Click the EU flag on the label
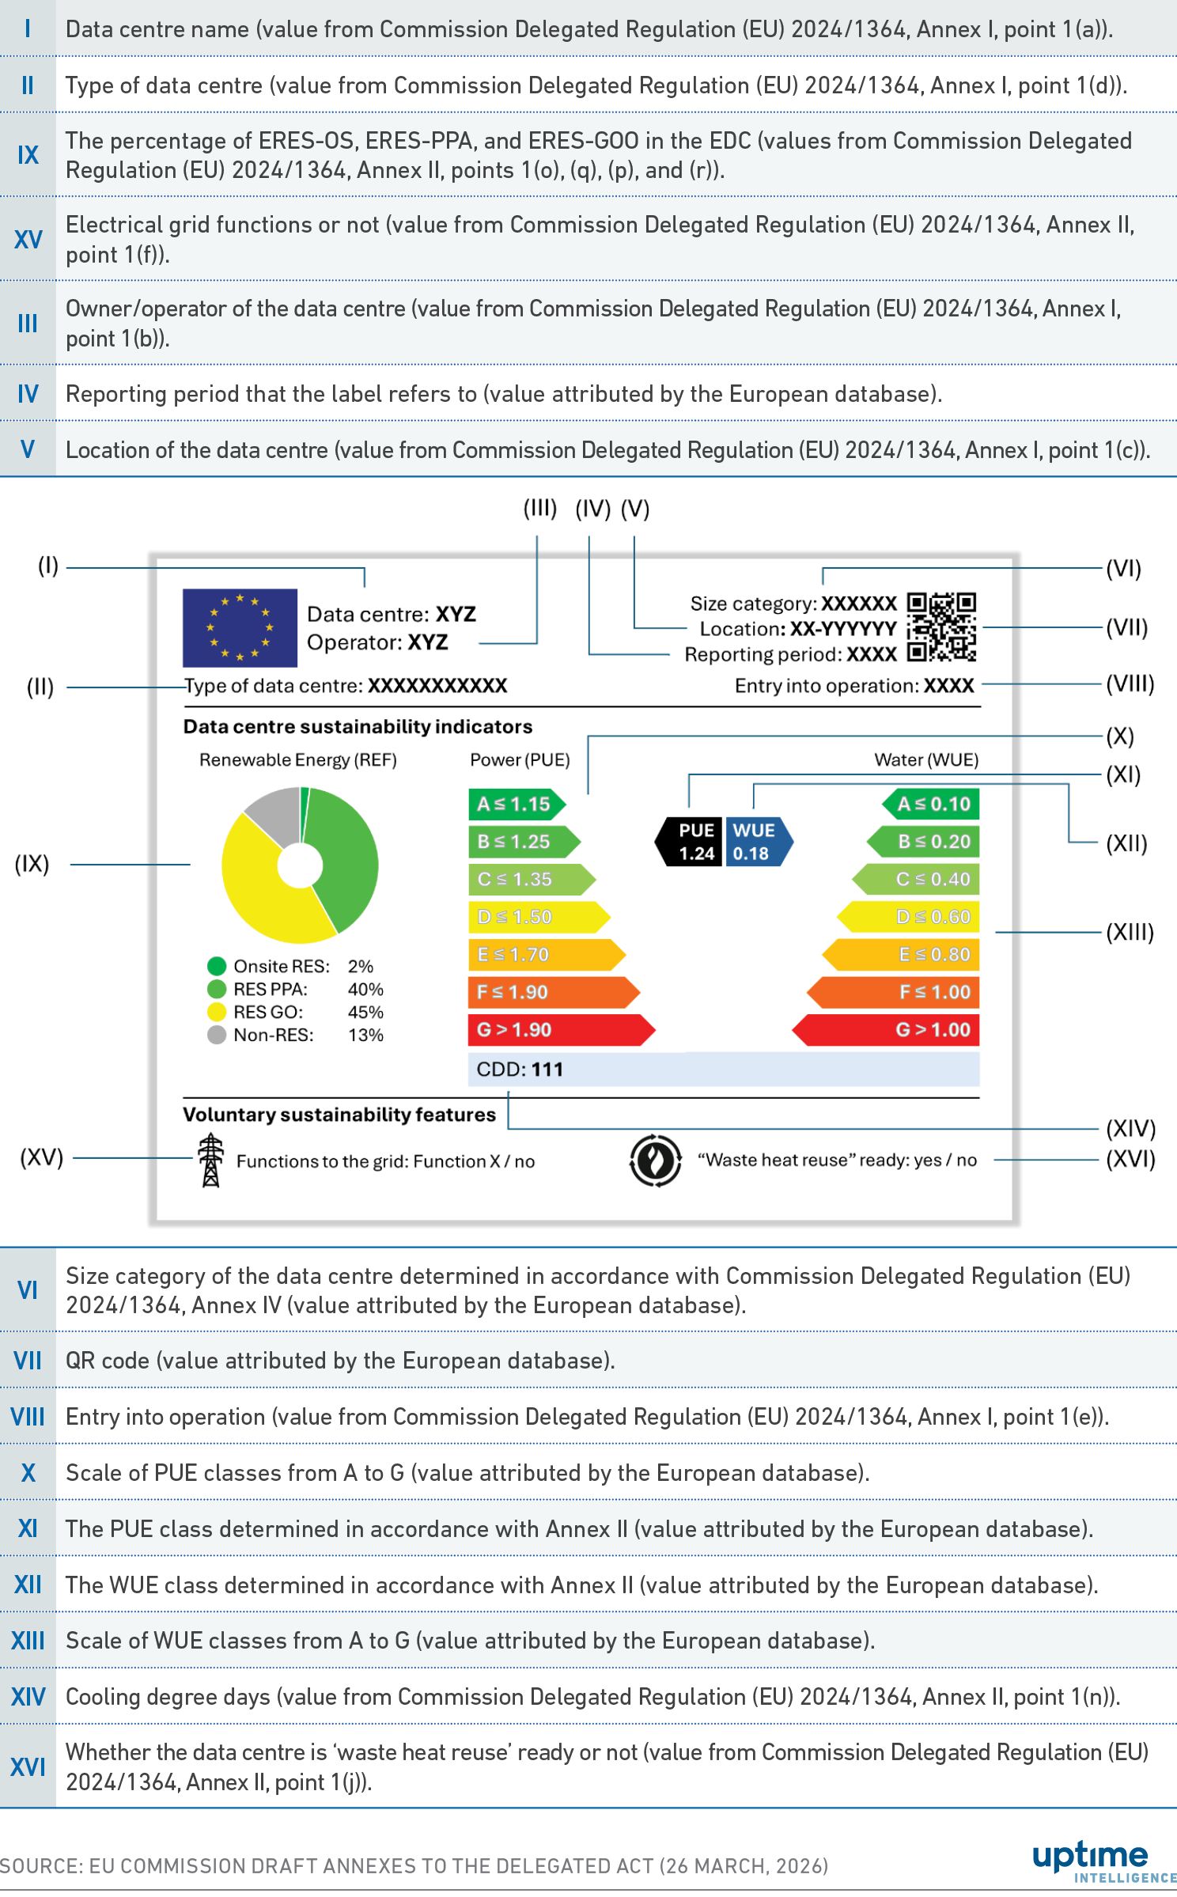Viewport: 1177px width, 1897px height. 240,627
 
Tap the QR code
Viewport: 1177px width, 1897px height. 940,627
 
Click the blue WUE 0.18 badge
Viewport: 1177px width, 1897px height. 755,842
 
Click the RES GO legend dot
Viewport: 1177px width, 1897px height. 217,1012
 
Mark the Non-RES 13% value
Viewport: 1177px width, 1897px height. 365,1035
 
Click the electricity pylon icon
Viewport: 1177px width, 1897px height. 210,1161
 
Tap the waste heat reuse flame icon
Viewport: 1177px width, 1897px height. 655,1161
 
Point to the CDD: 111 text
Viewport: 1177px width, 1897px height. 520,1070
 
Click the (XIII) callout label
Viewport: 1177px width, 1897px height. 1130,932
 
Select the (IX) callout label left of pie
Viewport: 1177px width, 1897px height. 32,864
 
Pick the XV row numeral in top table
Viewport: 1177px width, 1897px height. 28,239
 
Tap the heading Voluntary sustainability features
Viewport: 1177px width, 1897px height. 339,1115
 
